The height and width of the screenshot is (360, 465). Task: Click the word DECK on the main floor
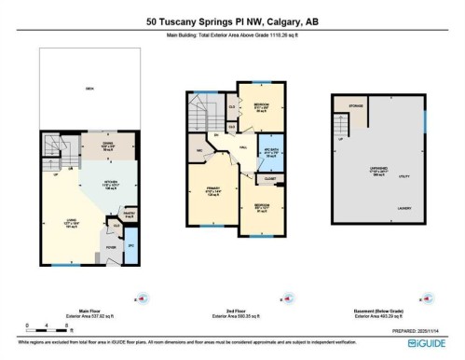pyautogui.click(x=89, y=87)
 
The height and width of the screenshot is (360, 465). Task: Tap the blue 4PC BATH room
pyautogui.click(x=273, y=151)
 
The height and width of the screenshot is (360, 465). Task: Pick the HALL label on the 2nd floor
pyautogui.click(x=241, y=147)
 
